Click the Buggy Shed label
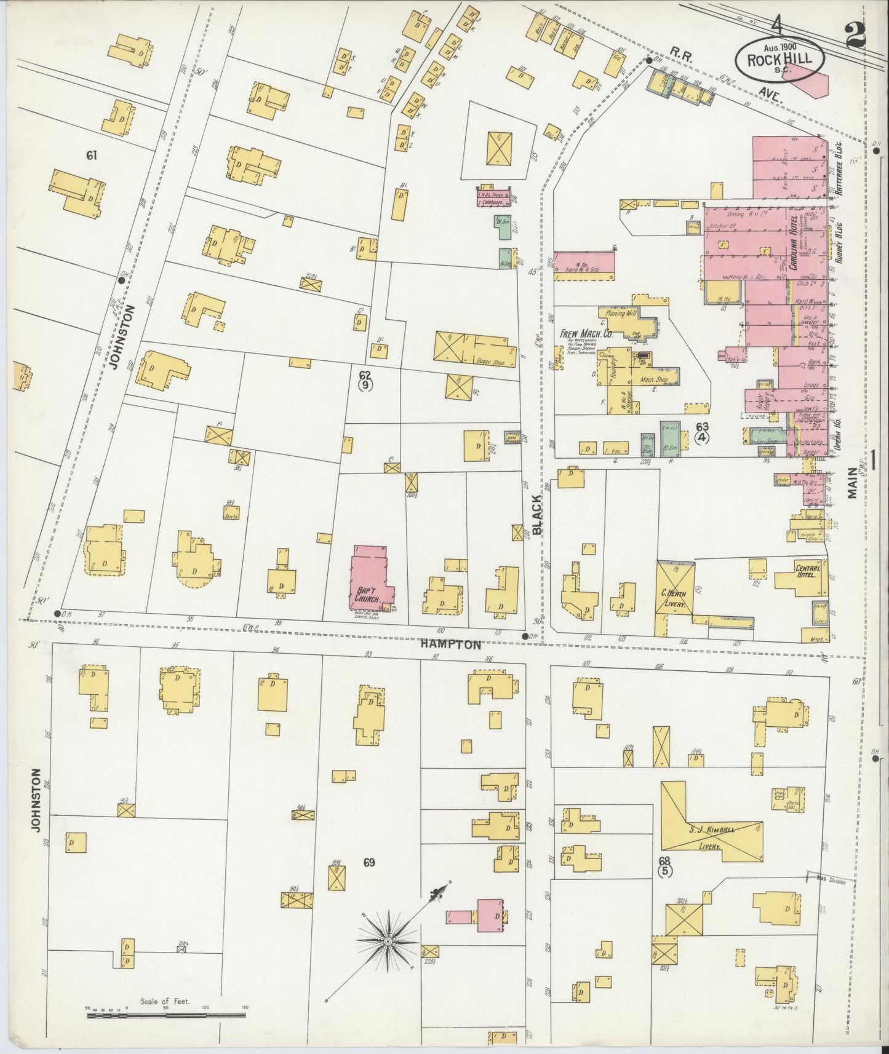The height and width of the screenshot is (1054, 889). tap(489, 363)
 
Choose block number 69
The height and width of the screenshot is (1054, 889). tap(369, 863)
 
